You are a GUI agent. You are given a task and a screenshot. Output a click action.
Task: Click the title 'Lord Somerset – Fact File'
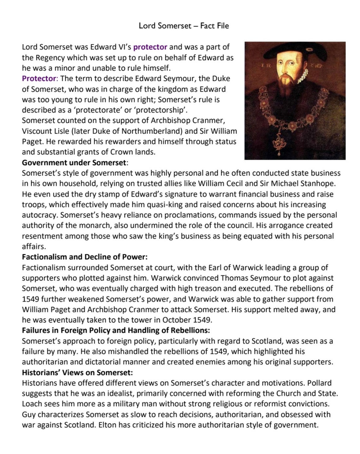tap(184, 26)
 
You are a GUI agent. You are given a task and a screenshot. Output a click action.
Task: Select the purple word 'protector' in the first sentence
tap(150, 47)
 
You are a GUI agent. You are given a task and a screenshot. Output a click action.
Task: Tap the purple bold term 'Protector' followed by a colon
tap(39, 79)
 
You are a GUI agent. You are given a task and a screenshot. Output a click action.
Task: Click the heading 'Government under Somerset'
tap(74, 163)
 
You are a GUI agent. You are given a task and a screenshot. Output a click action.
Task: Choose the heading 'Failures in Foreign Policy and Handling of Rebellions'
tap(116, 330)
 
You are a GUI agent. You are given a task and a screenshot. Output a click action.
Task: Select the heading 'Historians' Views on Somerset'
tap(77, 373)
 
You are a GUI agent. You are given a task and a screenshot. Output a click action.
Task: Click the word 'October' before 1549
tap(177, 320)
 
